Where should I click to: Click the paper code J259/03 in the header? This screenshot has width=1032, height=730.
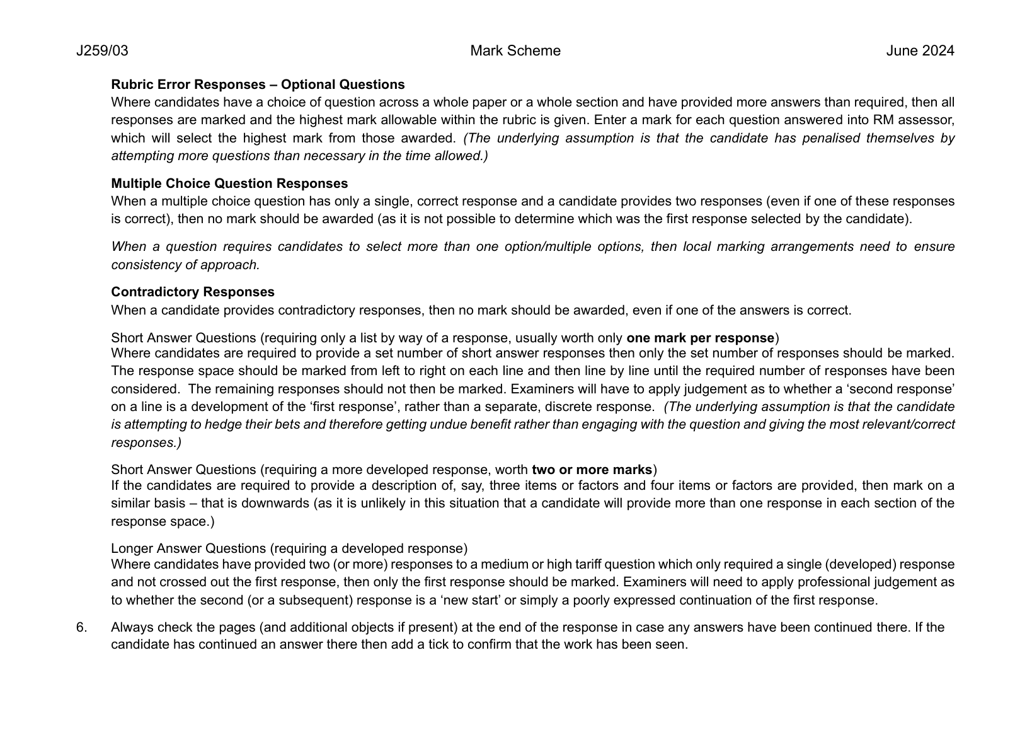coord(102,51)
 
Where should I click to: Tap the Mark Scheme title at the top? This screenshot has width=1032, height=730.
coord(515,51)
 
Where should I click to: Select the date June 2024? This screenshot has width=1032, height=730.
coord(920,51)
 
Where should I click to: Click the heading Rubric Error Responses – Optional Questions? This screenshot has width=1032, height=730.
coord(258,84)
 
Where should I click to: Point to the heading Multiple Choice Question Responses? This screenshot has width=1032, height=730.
coord(229,183)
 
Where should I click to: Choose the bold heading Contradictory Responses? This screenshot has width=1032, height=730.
coord(193,292)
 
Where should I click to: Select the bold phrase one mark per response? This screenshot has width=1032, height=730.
coord(700,337)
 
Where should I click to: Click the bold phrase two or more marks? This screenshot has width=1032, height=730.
coord(592,470)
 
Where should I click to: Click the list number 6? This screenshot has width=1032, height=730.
coord(81,627)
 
